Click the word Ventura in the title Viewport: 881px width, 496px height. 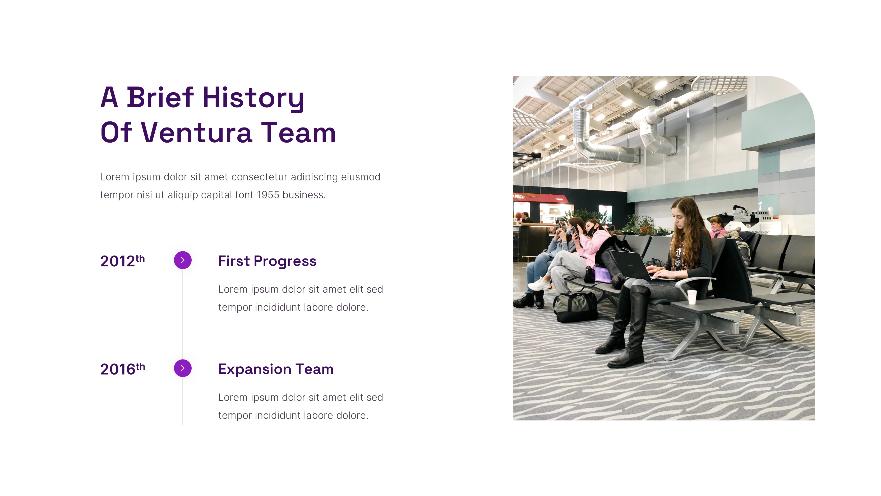(x=197, y=133)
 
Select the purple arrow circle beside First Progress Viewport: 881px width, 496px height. (x=183, y=260)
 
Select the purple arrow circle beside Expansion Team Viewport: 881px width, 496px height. (x=183, y=368)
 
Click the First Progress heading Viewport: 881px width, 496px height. (x=267, y=261)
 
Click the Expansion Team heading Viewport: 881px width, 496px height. (x=276, y=369)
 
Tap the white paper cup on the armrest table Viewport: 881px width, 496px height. (x=692, y=297)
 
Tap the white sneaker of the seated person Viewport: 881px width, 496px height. (x=540, y=284)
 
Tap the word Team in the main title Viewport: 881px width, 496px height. (x=299, y=133)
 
